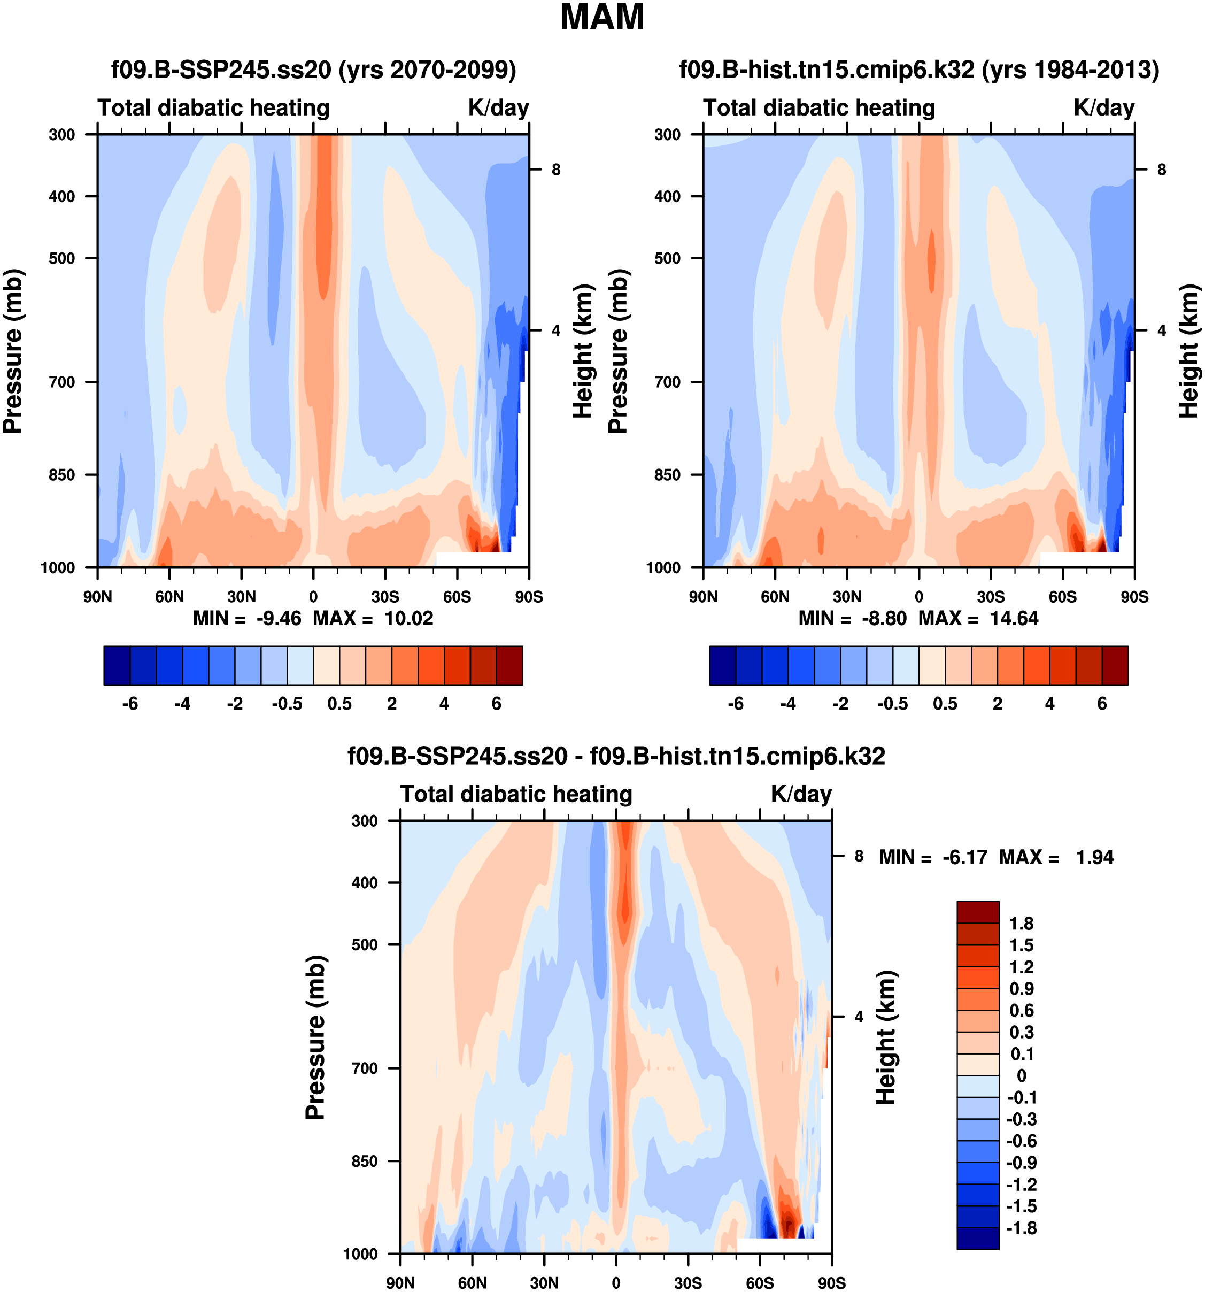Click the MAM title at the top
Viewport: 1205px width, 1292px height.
click(601, 18)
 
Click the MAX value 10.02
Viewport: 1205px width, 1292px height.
click(408, 618)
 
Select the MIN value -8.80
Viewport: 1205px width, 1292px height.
click(884, 618)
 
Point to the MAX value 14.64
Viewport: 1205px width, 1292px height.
click(1014, 618)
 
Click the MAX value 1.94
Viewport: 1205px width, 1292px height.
click(1094, 857)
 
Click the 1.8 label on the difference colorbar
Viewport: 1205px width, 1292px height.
click(1021, 924)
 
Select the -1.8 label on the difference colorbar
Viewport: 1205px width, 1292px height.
click(1021, 1228)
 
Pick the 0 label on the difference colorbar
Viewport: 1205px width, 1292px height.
click(1021, 1075)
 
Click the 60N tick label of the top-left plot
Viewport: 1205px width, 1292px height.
click(169, 597)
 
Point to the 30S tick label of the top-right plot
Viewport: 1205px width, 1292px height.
click(991, 597)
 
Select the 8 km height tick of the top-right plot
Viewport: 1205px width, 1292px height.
click(1162, 170)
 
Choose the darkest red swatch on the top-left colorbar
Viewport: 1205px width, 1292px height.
click(509, 665)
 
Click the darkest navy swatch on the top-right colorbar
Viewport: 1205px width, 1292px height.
click(722, 665)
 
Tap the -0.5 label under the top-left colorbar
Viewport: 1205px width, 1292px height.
click(287, 704)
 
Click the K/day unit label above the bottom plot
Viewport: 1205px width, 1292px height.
click(801, 794)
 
